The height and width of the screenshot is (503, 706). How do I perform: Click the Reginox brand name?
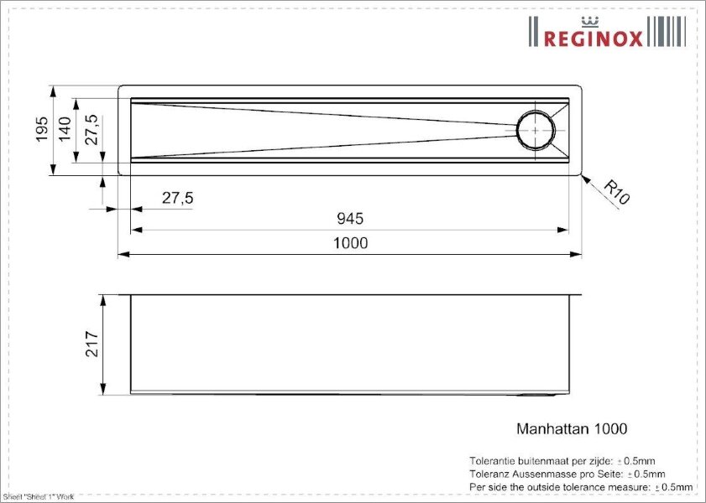tap(594, 38)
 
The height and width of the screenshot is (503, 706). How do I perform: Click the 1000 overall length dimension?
tap(351, 243)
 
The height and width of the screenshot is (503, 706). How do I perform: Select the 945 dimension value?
tap(350, 219)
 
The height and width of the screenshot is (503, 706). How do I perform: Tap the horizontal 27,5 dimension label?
tap(177, 198)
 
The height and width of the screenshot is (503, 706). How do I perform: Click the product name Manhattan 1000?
tap(571, 428)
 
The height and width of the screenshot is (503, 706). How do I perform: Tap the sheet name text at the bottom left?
tap(39, 497)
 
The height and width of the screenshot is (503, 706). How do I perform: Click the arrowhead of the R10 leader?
tap(585, 179)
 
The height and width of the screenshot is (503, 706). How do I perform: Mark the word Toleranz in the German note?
tap(489, 474)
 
